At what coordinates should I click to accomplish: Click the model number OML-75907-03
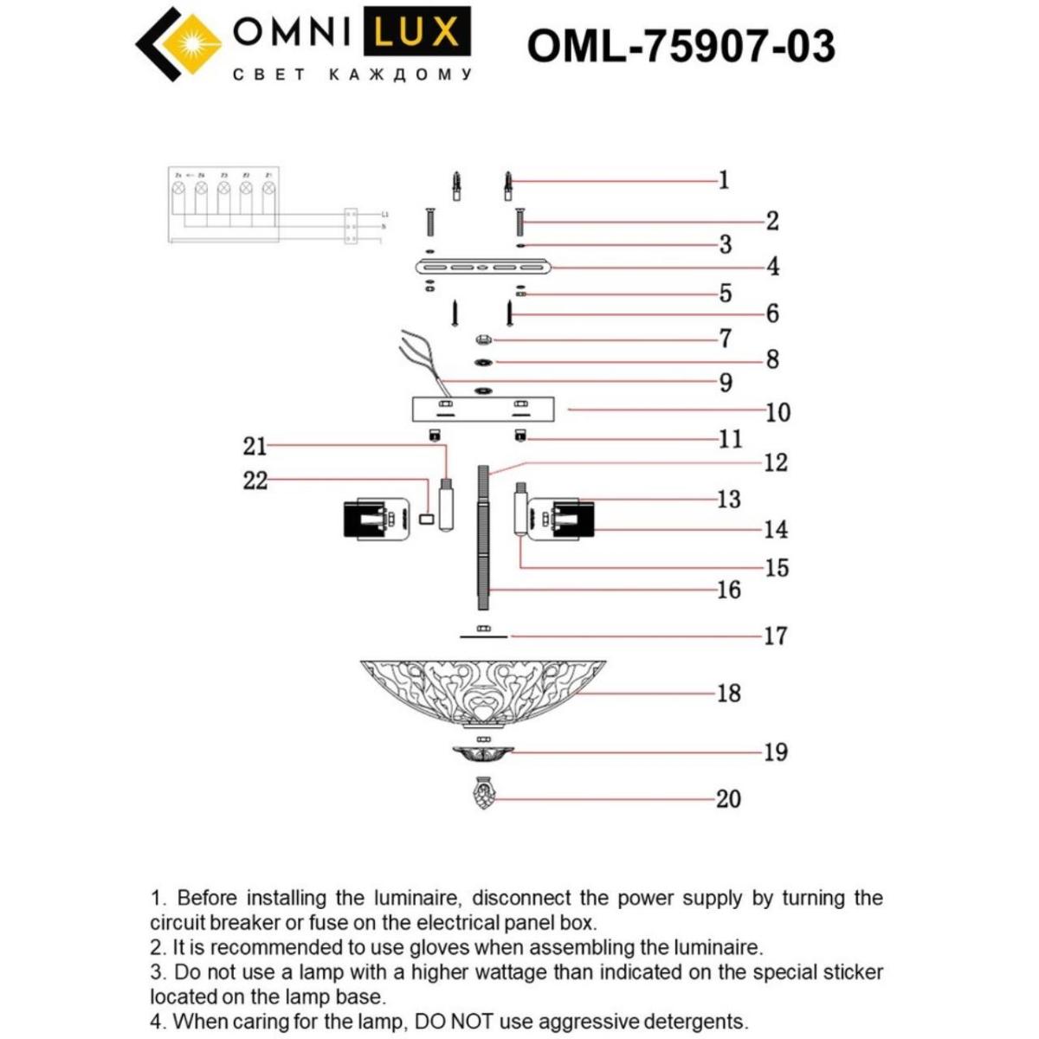pos(681,46)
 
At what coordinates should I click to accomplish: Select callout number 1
pos(724,180)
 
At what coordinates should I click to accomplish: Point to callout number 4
pos(772,267)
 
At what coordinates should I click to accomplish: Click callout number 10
pos(778,412)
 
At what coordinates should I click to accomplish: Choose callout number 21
pos(255,446)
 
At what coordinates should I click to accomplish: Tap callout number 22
pos(255,480)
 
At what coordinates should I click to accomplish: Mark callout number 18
pos(728,693)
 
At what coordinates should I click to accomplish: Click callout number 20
pos(728,798)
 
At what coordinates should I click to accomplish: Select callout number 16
pos(728,590)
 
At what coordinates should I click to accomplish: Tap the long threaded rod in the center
pos(483,537)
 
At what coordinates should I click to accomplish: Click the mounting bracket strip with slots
pos(483,268)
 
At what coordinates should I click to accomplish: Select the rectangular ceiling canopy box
pos(483,409)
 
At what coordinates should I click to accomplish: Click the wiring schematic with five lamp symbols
pos(223,205)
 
